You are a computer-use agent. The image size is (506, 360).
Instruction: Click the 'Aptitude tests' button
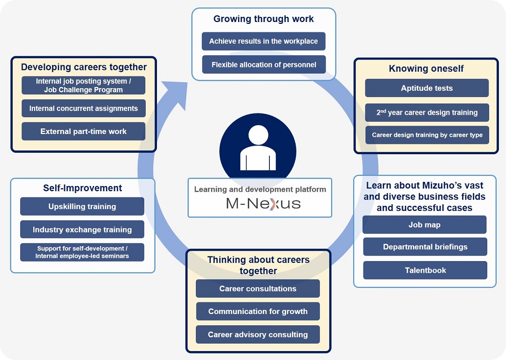coord(426,88)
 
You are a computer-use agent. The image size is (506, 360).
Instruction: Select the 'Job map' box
coord(424,225)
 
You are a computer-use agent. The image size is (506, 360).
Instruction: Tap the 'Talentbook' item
coord(425,270)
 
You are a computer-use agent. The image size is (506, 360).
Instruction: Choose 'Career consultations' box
coord(258,289)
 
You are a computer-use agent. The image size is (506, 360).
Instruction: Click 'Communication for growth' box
coord(258,311)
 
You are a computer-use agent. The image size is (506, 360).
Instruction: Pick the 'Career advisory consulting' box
coord(258,335)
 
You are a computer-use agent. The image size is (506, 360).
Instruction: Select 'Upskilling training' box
coord(82,206)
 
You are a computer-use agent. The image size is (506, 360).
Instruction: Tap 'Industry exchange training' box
coord(82,230)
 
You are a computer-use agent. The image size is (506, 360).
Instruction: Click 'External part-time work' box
coord(83,131)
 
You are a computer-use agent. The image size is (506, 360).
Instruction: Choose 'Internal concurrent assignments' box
coord(83,108)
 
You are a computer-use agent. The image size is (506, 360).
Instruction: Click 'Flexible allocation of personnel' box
coord(264,65)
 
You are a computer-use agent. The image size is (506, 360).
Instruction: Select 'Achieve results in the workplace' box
coord(263,41)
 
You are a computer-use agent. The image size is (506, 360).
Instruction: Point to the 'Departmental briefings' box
coord(425,247)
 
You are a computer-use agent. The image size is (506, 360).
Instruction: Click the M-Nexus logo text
coord(263,203)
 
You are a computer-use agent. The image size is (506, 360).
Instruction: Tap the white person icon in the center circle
coord(258,148)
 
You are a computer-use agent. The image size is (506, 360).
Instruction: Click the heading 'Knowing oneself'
coord(426,68)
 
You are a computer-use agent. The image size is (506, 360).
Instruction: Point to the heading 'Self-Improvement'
coord(82,188)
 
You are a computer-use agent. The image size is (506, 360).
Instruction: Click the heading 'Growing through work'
coord(263,19)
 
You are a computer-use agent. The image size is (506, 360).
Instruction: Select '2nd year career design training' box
coord(426,112)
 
